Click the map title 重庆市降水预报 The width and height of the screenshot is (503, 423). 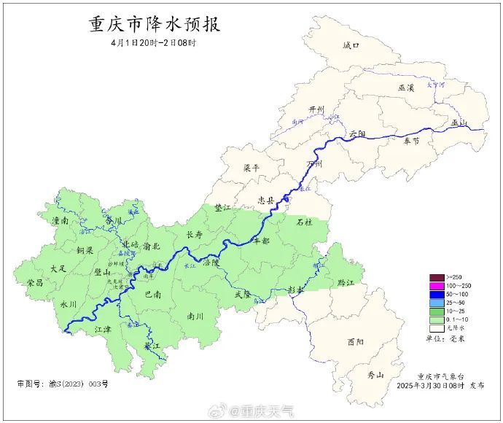[x=154, y=24]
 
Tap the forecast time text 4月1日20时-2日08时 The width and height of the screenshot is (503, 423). [x=154, y=43]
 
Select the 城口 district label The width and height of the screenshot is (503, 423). [x=351, y=45]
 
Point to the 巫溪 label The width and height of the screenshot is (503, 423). [x=406, y=88]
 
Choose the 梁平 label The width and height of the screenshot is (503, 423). [x=251, y=168]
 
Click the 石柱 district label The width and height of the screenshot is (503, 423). [x=304, y=222]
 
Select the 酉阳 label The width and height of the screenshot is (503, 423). [x=356, y=341]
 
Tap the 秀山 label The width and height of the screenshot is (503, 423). [x=375, y=375]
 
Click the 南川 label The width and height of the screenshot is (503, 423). [x=195, y=317]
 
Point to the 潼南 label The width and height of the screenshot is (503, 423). [x=61, y=220]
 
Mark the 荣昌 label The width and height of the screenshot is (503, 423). [x=35, y=282]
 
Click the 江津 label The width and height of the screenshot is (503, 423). [x=104, y=330]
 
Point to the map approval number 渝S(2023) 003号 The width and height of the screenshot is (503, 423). [x=63, y=383]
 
